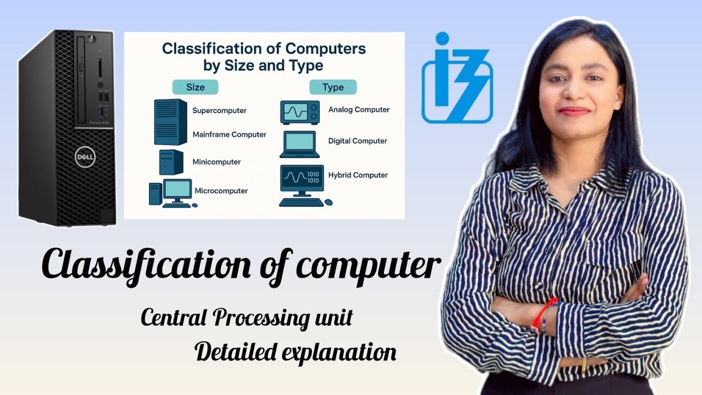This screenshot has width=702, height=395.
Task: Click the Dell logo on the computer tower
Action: [85, 157]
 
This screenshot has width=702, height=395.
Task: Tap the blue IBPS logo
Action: [457, 80]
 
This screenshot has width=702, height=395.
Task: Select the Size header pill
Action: [195, 87]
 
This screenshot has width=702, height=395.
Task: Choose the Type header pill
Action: [333, 87]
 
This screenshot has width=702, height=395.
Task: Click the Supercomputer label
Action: [219, 110]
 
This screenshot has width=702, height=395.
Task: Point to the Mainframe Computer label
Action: [229, 134]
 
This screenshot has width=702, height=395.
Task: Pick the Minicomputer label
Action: [216, 162]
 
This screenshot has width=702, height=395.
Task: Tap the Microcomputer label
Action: [221, 191]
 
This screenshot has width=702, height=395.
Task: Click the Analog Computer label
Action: [359, 110]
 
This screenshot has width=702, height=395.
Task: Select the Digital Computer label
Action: [358, 141]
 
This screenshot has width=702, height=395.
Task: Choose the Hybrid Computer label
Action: [358, 175]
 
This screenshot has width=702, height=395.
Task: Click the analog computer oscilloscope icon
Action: [300, 112]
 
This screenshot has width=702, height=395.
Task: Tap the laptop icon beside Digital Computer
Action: [299, 144]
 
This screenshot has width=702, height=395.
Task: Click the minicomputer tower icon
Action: [171, 162]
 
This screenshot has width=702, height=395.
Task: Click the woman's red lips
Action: [574, 111]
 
